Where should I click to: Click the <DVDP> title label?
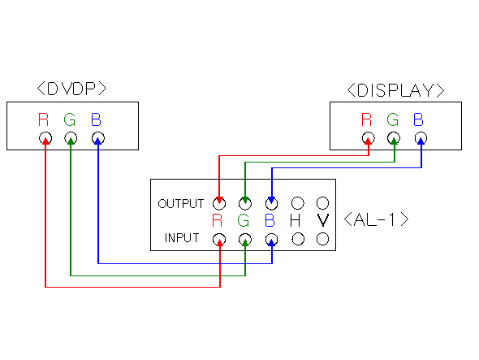tap(71, 89)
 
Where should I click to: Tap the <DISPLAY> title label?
tap(395, 90)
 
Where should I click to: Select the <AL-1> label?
tap(376, 219)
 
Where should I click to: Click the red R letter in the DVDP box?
tap(43, 119)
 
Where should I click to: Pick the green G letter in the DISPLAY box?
tap(393, 119)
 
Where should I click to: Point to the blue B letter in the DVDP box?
tap(96, 119)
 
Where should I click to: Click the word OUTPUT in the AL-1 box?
tap(181, 204)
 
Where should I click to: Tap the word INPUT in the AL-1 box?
tap(182, 238)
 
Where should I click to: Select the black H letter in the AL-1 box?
tap(295, 220)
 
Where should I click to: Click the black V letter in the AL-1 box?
tap(322, 220)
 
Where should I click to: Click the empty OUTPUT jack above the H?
tap(298, 203)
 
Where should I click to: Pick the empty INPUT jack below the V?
tap(322, 239)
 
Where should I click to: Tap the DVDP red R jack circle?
tap(45, 138)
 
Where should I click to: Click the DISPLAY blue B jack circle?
tap(421, 138)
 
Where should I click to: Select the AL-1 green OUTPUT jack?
tap(245, 203)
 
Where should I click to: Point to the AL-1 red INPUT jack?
tap(219, 239)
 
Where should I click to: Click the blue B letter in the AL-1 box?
tap(270, 220)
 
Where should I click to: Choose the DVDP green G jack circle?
tap(71, 138)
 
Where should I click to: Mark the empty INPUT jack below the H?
tap(298, 239)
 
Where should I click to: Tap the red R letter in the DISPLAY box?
tap(367, 119)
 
